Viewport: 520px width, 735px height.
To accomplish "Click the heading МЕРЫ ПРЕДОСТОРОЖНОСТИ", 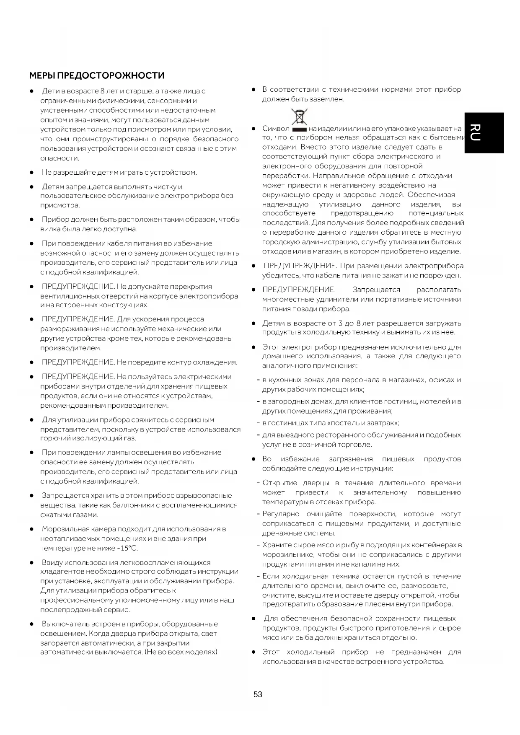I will pos(97,76).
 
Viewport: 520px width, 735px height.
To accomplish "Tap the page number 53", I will pos(258,694).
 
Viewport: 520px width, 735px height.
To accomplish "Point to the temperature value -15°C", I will pos(127,548).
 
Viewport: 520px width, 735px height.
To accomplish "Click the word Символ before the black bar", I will pos(276,129).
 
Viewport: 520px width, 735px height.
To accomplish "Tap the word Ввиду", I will pos(52,562).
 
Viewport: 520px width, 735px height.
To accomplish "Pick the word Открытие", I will pos(279,483).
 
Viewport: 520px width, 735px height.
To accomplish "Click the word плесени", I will pos(398,604).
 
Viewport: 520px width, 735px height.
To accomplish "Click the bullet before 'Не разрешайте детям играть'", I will pos(31,173).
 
